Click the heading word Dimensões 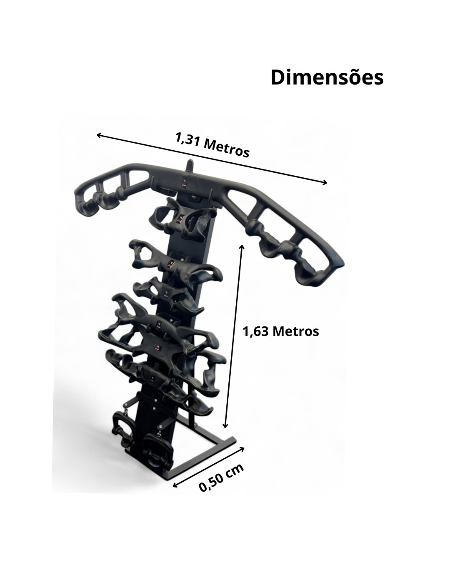click(x=327, y=77)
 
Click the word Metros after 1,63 click(x=296, y=331)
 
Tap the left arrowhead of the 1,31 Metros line click(x=99, y=135)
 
